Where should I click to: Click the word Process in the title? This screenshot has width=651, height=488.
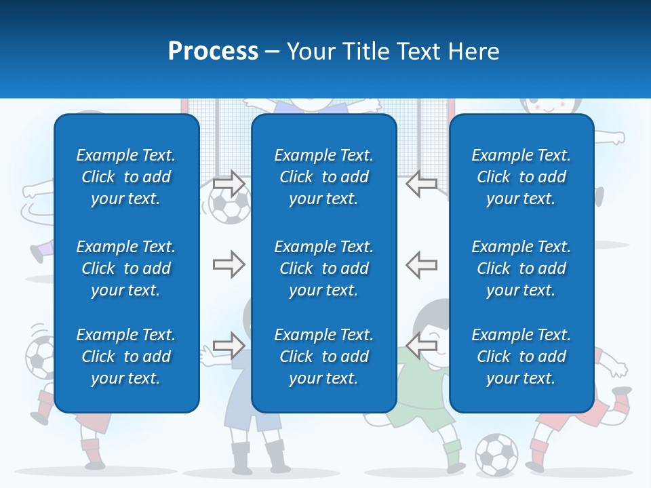click(x=213, y=51)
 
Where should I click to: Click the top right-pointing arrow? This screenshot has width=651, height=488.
click(x=229, y=184)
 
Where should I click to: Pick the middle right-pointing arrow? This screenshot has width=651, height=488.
click(x=229, y=264)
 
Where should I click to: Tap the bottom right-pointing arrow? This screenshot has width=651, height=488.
click(x=229, y=345)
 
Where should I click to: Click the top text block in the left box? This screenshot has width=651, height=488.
click(x=126, y=177)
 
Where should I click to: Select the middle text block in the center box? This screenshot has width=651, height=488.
click(x=323, y=268)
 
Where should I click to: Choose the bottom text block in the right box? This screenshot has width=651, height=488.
click(x=521, y=357)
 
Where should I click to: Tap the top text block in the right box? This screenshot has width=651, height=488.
click(x=521, y=177)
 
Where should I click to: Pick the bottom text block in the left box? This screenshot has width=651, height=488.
click(x=126, y=357)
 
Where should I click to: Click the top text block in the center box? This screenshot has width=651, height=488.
click(x=323, y=177)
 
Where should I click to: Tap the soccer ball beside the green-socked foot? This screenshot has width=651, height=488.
click(x=496, y=454)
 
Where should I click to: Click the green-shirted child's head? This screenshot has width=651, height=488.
click(x=434, y=322)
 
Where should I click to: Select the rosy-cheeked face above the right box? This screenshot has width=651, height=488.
click(x=551, y=105)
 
